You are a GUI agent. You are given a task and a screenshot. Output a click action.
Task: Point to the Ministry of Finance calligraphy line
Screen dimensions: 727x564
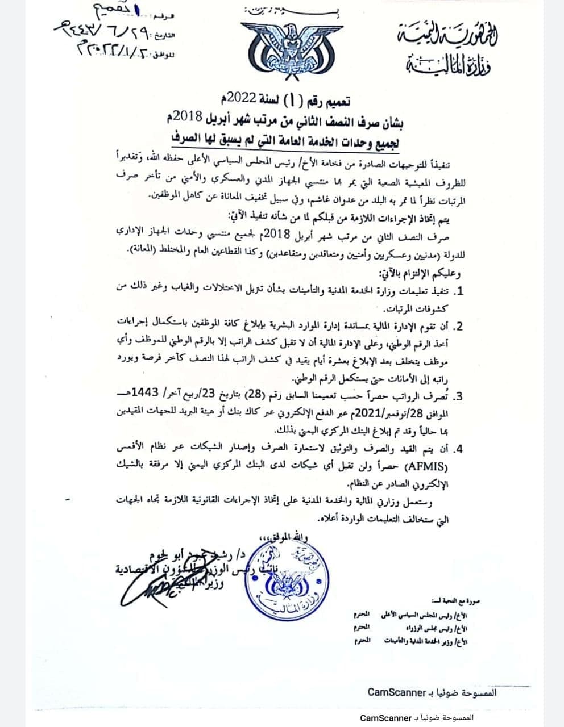449,66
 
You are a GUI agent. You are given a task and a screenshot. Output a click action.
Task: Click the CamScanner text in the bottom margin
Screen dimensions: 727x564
386,718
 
